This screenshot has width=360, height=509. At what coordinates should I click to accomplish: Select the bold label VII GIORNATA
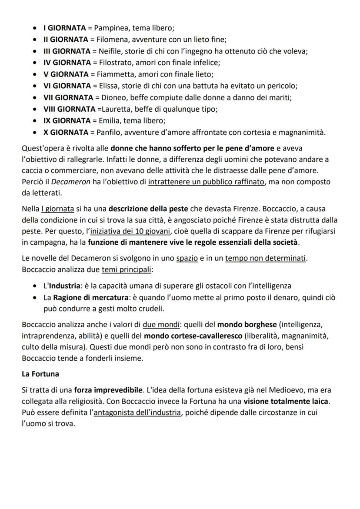point(68,97)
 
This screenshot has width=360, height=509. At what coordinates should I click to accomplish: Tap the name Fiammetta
point(110,74)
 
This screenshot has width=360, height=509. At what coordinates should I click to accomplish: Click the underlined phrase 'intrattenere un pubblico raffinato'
point(206,182)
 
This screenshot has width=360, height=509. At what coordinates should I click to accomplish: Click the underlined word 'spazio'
point(187,259)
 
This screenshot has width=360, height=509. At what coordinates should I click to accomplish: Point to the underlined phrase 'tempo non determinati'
point(266,259)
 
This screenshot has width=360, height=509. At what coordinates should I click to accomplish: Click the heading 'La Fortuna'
point(40,373)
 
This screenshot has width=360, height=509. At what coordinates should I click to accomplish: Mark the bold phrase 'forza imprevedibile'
point(108,390)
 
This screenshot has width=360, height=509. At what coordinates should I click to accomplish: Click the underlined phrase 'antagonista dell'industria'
point(137,413)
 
